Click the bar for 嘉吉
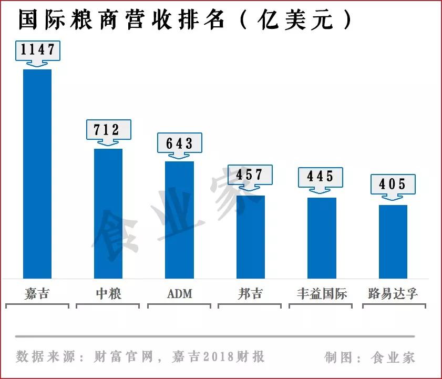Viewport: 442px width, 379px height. [37, 173]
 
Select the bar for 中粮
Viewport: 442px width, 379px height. [108, 213]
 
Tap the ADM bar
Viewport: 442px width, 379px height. [179, 220]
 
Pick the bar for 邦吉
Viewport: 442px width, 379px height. [250, 237]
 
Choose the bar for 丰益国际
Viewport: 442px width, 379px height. [322, 238]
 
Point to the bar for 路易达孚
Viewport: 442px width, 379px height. [393, 241]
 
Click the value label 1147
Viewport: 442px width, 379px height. [38, 50]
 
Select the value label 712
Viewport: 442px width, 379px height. [109, 129]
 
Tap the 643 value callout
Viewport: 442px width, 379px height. [180, 143]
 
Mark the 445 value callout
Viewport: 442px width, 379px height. [321, 177]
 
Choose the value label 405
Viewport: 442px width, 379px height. [393, 184]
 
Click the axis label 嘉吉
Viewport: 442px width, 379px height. [37, 293]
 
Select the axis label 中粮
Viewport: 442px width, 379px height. [108, 293]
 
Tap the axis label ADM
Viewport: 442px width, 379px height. [179, 294]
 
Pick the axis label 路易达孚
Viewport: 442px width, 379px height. [393, 293]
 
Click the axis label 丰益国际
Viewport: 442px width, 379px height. [322, 293]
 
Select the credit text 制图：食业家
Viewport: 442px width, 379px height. [370, 358]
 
